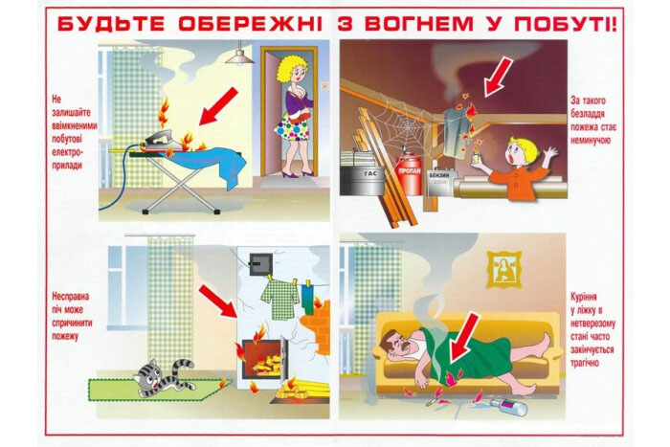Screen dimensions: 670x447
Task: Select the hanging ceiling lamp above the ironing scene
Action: point(239,55)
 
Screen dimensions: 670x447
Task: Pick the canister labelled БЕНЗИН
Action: point(440,182)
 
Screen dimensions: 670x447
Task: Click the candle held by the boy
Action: point(475,156)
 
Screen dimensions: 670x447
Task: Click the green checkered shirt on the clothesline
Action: point(279,298)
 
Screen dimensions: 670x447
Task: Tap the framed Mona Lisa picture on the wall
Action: point(503,269)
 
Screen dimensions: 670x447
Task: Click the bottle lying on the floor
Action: point(509,407)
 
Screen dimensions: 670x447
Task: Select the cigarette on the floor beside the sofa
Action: point(432,401)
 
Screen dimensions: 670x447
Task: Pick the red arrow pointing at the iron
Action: point(218,106)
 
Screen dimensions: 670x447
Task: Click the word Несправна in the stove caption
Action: point(70,296)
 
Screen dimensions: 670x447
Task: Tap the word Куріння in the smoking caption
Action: point(583,297)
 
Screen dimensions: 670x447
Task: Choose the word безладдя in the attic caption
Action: point(588,114)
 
